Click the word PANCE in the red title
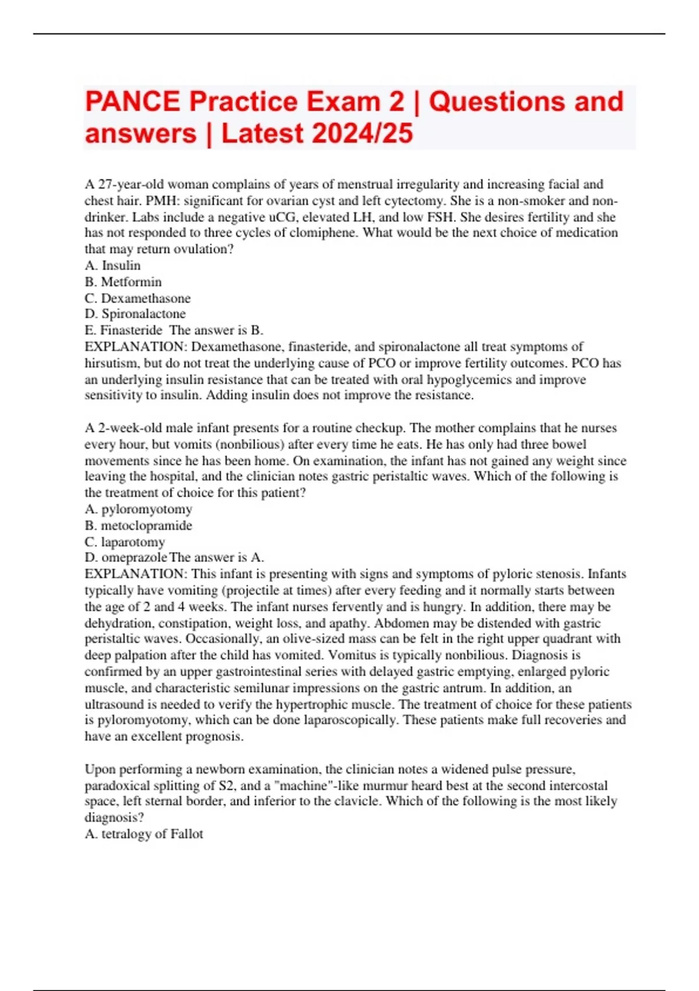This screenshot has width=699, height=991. point(133,101)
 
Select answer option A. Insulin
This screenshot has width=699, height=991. point(113,266)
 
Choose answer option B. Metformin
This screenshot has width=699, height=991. point(123,282)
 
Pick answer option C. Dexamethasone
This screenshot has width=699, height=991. point(138,298)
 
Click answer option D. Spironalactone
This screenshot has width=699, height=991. point(135,314)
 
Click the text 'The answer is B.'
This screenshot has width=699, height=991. point(216,331)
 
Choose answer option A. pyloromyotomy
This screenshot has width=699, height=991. point(139,509)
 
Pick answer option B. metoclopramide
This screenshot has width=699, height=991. point(139,526)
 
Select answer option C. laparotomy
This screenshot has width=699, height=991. point(125,542)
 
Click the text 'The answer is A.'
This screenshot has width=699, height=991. point(217,558)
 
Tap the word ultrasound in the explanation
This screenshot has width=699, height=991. point(114,704)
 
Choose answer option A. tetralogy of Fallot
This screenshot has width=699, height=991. point(144,834)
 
